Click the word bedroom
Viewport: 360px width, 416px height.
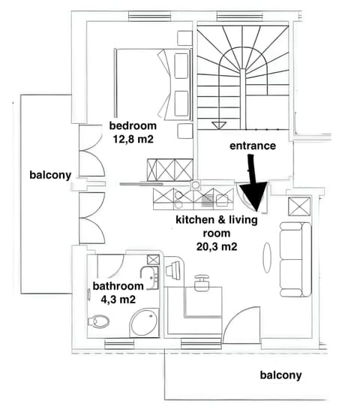[x=133, y=125]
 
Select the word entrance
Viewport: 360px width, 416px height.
[x=252, y=145]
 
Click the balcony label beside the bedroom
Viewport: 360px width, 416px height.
[x=50, y=175]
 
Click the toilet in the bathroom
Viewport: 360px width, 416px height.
[x=98, y=322]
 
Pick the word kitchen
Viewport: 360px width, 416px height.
[x=193, y=219]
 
